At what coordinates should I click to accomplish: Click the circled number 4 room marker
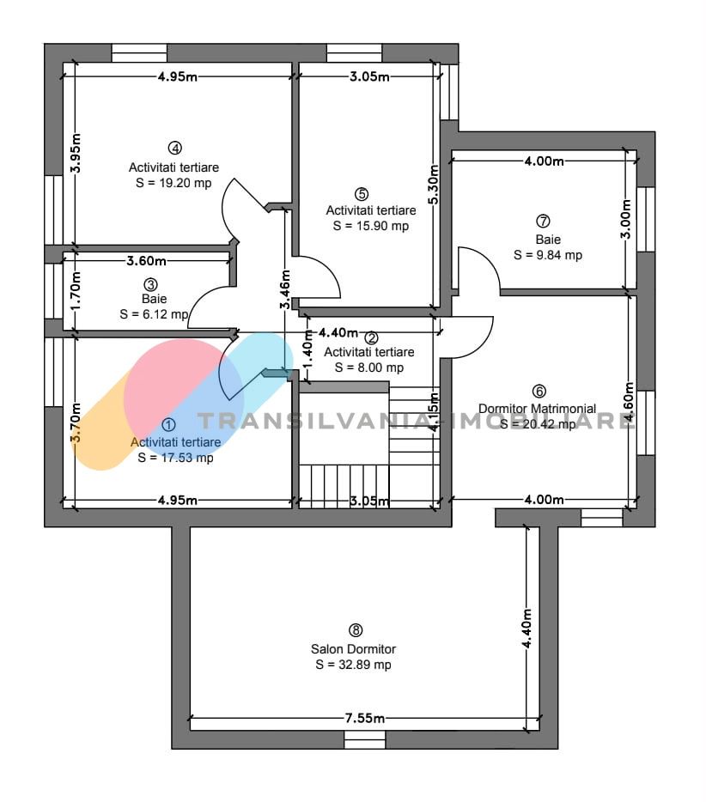tap(175, 148)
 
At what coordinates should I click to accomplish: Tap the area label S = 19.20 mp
tap(173, 183)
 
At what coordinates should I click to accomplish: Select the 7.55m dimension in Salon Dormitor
tap(365, 718)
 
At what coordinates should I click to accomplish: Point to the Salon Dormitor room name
tap(354, 649)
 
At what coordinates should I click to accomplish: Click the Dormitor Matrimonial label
tap(537, 409)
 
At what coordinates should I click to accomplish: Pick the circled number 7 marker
tap(543, 221)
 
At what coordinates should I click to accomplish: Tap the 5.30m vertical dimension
tap(434, 185)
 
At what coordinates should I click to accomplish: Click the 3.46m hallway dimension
tap(285, 289)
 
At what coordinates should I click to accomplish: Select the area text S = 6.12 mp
tap(154, 314)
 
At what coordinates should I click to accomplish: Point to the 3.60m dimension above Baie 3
tap(146, 261)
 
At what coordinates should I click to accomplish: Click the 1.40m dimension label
tap(308, 349)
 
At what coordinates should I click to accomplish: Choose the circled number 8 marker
tap(355, 630)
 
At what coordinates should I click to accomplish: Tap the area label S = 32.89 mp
tap(354, 665)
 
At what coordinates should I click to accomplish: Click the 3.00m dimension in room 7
tap(626, 218)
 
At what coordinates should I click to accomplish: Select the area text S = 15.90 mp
tap(371, 226)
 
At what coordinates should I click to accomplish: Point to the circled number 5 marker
tap(362, 194)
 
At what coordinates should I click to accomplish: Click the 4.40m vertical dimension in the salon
tap(527, 628)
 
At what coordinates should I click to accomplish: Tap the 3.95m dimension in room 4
tap(76, 154)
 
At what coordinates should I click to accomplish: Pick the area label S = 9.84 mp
tap(548, 255)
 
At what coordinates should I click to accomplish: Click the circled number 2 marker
tap(371, 337)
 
